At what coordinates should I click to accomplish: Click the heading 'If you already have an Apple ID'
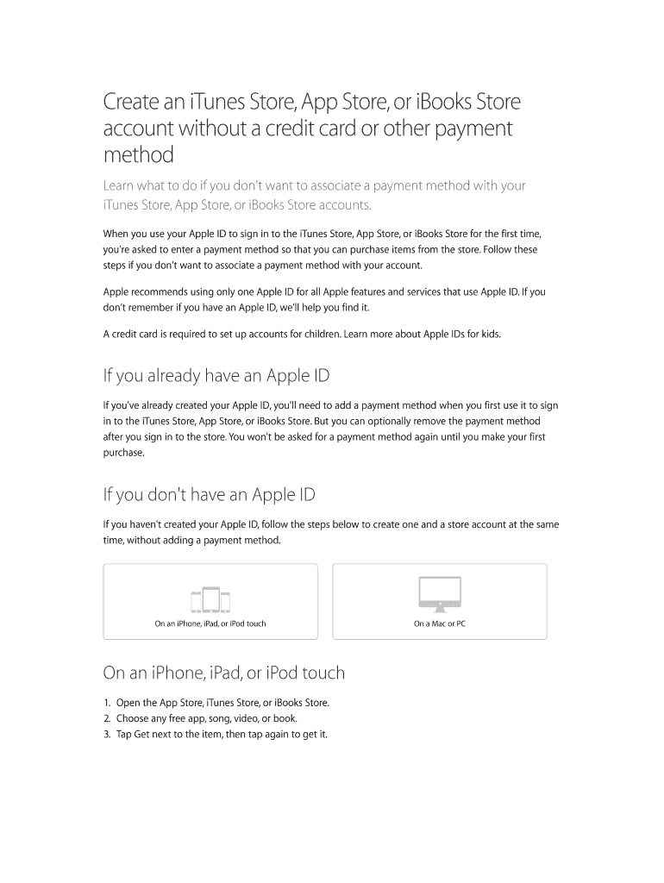216,376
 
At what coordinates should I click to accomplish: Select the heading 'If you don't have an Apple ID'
209,494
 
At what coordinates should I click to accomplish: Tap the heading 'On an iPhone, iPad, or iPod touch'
223,673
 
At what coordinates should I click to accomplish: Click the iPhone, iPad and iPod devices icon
210,599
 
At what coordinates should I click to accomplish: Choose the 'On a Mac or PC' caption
439,623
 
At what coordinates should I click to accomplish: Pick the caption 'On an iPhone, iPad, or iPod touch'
210,623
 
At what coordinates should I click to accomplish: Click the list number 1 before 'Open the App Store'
107,703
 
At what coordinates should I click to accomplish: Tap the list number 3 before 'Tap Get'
107,735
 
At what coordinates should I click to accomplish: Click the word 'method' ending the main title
138,155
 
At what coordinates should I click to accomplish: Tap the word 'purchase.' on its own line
123,453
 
